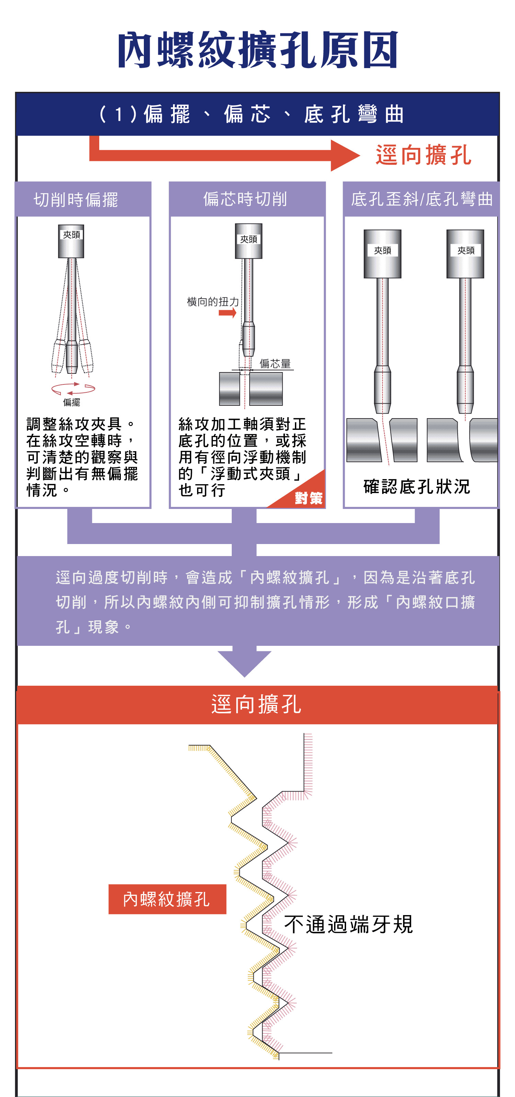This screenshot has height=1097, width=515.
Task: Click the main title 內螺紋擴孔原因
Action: pos(257,50)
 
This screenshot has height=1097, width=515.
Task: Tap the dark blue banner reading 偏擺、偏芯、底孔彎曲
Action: pos(257,114)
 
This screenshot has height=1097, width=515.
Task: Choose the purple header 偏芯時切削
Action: pos(245,199)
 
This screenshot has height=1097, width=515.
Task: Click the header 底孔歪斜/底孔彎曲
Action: pos(421,199)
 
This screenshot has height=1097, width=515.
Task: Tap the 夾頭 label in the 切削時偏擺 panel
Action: pos(71,235)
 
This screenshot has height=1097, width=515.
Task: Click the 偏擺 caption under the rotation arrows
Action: pos(71,402)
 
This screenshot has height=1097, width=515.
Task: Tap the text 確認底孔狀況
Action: pos(417,487)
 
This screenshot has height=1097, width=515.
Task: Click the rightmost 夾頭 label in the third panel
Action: pos(466,250)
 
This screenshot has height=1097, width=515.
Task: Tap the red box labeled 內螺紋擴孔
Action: pos(167,899)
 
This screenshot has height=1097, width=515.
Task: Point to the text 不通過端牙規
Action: pos(348,924)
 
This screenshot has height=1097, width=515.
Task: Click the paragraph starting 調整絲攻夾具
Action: pos(82,457)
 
